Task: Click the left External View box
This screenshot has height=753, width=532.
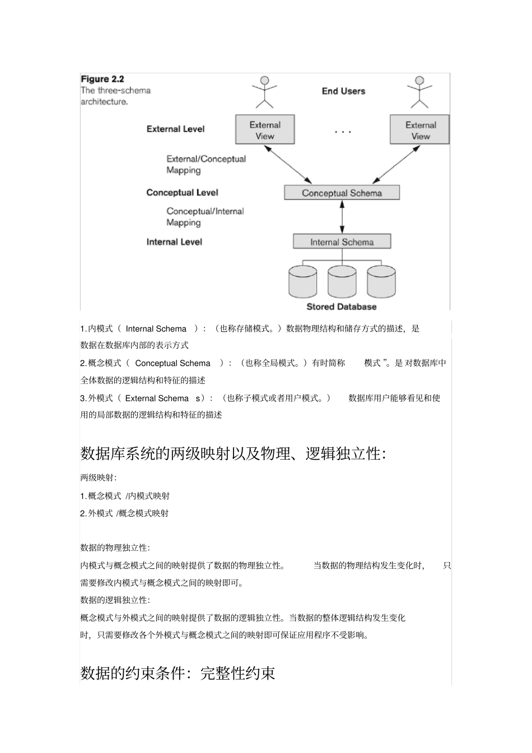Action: point(265,130)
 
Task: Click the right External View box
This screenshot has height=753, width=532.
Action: point(420,130)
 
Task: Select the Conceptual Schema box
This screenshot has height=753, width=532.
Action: point(342,193)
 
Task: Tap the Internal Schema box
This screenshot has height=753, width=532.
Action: point(342,242)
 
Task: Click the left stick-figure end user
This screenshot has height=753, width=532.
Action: point(265,92)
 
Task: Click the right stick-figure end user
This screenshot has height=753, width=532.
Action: point(419,92)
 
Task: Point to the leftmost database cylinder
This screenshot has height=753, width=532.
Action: point(303,281)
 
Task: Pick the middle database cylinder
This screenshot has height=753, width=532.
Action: point(342,281)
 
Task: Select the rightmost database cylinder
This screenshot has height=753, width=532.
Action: point(381,281)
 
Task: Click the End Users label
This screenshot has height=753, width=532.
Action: point(343,91)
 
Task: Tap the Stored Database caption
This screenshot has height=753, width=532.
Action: point(342,307)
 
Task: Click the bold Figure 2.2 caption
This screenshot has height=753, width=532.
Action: point(102,79)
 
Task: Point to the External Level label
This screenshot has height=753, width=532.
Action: point(175,129)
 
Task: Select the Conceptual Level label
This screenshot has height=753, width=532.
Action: point(182,193)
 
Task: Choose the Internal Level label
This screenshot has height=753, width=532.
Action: point(174,242)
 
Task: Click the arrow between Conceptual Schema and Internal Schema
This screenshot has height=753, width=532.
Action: point(342,217)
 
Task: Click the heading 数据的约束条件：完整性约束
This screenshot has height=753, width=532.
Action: point(178,673)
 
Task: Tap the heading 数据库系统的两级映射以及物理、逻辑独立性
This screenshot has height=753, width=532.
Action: point(233,453)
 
